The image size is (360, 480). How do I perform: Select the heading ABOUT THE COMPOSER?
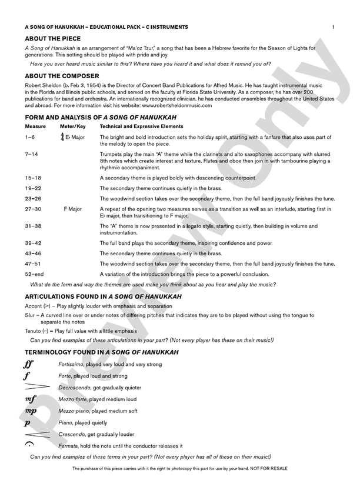click(62, 76)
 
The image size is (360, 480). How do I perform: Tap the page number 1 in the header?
click(333, 27)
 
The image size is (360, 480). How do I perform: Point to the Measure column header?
click(36, 126)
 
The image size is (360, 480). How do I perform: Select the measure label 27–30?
click(33, 209)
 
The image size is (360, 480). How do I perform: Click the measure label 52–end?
click(34, 274)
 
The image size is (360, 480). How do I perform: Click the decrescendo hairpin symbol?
click(36, 387)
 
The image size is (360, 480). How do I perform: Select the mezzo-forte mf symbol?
click(31, 399)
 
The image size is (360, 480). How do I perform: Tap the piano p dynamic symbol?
click(28, 423)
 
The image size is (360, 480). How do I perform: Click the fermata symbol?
click(29, 445)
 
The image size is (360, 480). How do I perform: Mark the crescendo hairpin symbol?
click(36, 434)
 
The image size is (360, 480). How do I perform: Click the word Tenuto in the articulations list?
click(34, 331)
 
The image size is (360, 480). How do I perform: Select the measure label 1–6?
click(30, 137)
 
